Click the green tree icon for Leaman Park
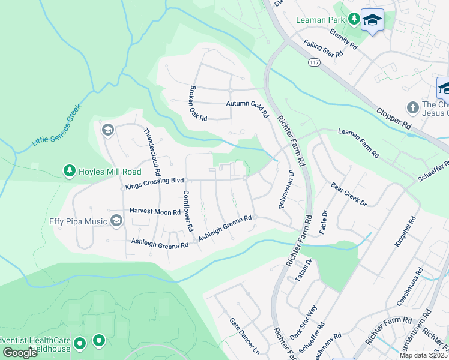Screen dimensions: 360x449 click(x=354, y=19)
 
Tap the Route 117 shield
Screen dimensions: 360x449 click(x=313, y=62)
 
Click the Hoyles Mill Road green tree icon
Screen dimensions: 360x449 click(x=70, y=172)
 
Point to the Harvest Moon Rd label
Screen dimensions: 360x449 click(x=155, y=212)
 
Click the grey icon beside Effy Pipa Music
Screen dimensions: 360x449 click(x=116, y=221)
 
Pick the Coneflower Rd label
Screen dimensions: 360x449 click(x=188, y=211)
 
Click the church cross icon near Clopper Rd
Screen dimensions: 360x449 click(x=412, y=107)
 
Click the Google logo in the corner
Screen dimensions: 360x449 click(x=20, y=352)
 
